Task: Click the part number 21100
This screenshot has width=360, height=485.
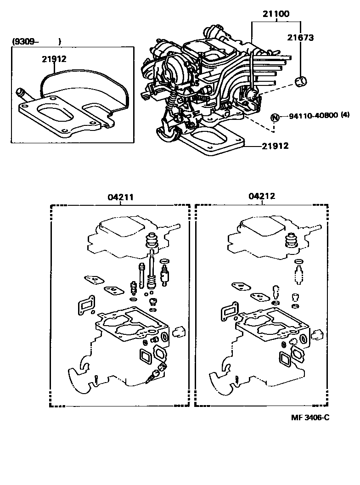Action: click(276, 14)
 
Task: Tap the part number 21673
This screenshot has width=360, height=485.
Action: click(301, 38)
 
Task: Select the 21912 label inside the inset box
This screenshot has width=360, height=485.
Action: click(54, 59)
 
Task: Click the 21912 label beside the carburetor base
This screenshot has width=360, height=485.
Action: click(275, 146)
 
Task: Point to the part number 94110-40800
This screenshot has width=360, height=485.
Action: click(313, 116)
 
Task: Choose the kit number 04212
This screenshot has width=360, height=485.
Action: click(262, 197)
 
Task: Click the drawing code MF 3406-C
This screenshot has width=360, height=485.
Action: click(310, 417)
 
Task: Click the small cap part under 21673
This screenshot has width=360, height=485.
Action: click(301, 82)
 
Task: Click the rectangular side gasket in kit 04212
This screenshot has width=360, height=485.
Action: click(227, 312)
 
